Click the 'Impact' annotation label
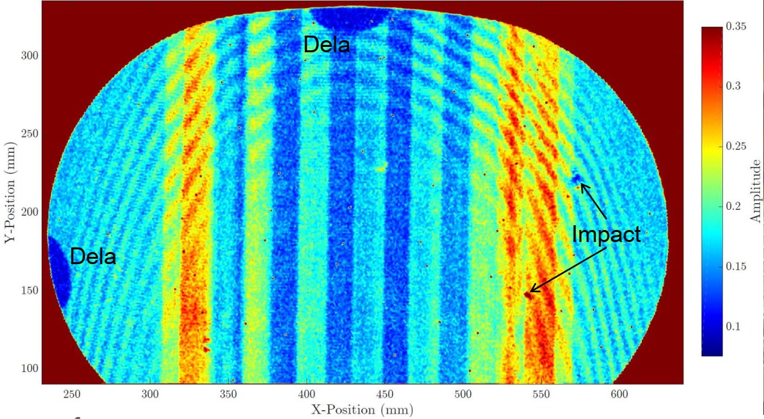tap(606, 235)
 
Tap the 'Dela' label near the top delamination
tap(326, 44)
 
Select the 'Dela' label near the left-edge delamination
tap(93, 256)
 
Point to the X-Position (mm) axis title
tap(362, 408)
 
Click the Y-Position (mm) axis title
tap(10, 192)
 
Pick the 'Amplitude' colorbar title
tap(756, 191)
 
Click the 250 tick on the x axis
tap(73, 394)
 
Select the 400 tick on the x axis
tap(307, 394)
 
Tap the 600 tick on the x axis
tap(620, 394)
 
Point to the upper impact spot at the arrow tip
tap(577, 178)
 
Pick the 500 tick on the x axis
tap(463, 394)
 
